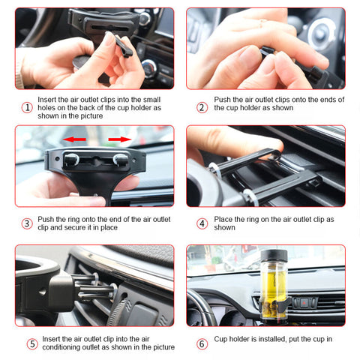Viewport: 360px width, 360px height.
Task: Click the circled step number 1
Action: (x=27, y=108)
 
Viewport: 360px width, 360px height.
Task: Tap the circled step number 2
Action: (x=202, y=108)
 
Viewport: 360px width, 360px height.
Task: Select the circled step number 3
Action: (x=27, y=223)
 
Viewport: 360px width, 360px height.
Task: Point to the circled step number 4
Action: (x=202, y=223)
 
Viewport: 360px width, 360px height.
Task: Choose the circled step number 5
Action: (x=32, y=344)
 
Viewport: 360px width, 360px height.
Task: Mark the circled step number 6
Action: (x=202, y=344)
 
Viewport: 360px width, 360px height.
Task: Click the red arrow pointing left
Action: (x=74, y=139)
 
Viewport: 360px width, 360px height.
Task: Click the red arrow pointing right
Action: (x=120, y=139)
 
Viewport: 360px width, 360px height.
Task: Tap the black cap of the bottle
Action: (x=274, y=256)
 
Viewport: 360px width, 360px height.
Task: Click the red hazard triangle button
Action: (x=304, y=303)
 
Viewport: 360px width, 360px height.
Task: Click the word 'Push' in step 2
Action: (x=222, y=100)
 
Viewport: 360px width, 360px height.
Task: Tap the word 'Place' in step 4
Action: (x=223, y=219)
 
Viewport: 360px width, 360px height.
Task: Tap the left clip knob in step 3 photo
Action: (x=72, y=159)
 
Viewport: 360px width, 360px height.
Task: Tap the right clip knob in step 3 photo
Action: (x=121, y=160)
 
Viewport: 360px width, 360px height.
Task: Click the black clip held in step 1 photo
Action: (x=123, y=46)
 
